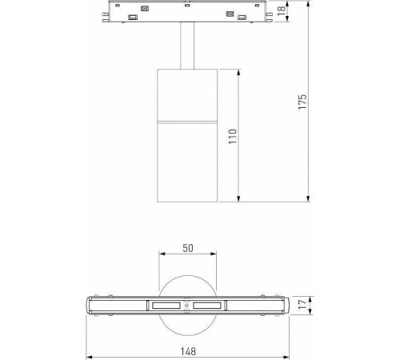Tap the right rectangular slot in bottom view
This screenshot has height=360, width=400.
click(209, 306)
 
